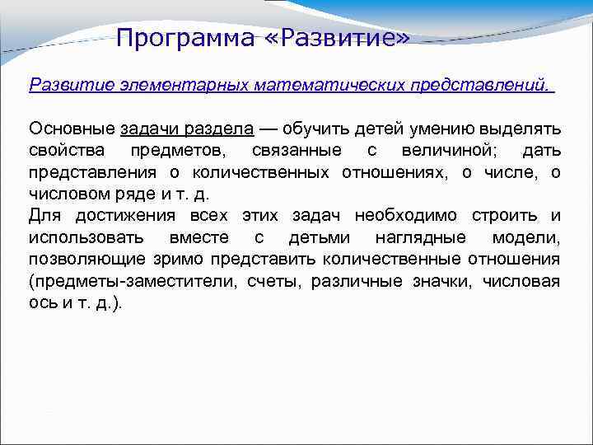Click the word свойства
coord(66,151)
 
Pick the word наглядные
coord(424,237)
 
